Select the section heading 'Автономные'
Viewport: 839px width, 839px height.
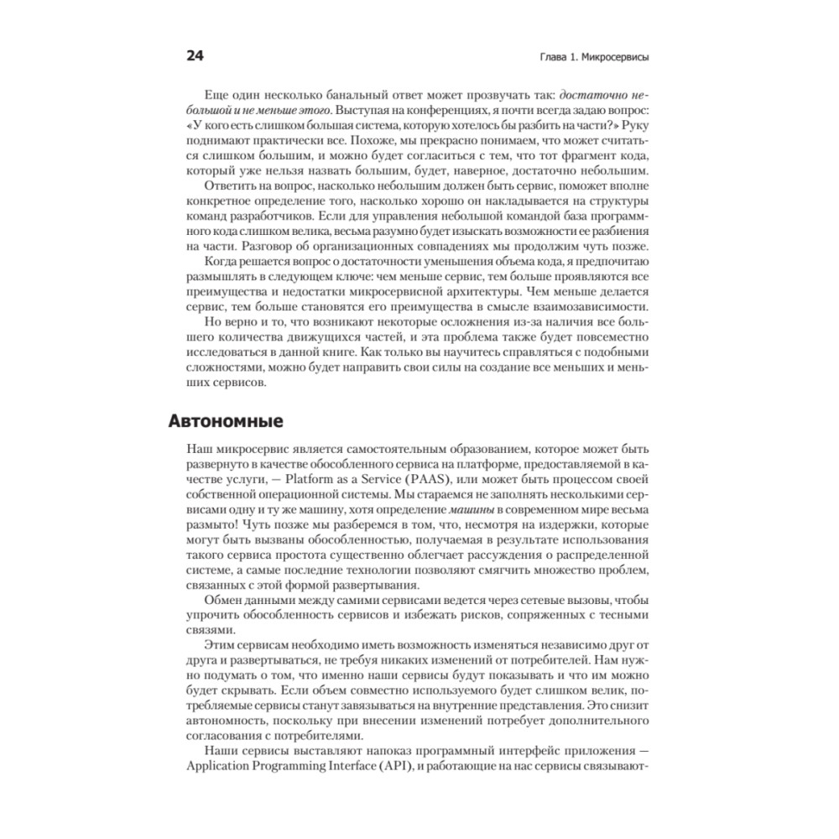[x=227, y=419]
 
